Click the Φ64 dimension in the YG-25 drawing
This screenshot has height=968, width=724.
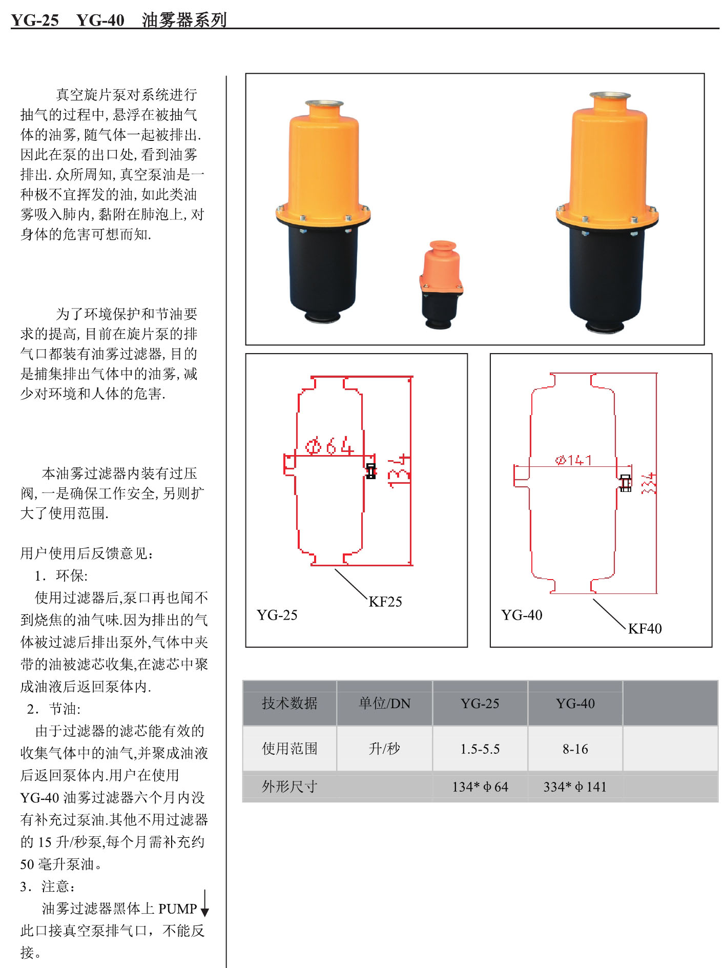(x=329, y=446)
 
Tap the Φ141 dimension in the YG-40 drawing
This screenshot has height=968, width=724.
(x=573, y=460)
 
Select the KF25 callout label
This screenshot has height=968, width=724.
(x=385, y=602)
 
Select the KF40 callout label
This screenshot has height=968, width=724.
(x=645, y=628)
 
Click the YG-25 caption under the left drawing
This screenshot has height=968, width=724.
(x=277, y=615)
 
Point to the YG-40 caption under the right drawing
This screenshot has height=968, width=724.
(x=521, y=615)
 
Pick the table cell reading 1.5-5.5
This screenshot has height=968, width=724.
(x=480, y=749)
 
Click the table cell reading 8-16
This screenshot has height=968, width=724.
(x=575, y=749)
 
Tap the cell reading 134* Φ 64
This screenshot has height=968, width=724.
(x=480, y=787)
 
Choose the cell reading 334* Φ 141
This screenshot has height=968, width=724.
(x=575, y=787)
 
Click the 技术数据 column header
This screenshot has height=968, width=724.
(x=289, y=703)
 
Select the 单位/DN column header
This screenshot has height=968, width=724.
(x=384, y=703)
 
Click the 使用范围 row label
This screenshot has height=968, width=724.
(x=289, y=749)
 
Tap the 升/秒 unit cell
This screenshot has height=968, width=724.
(x=384, y=749)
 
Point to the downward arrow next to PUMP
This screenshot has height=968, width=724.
(x=204, y=904)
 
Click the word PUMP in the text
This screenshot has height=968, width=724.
(x=177, y=909)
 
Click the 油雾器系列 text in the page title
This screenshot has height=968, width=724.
(x=184, y=20)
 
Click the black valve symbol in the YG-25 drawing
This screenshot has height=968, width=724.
(x=371, y=471)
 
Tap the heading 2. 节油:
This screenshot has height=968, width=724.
(x=54, y=709)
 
